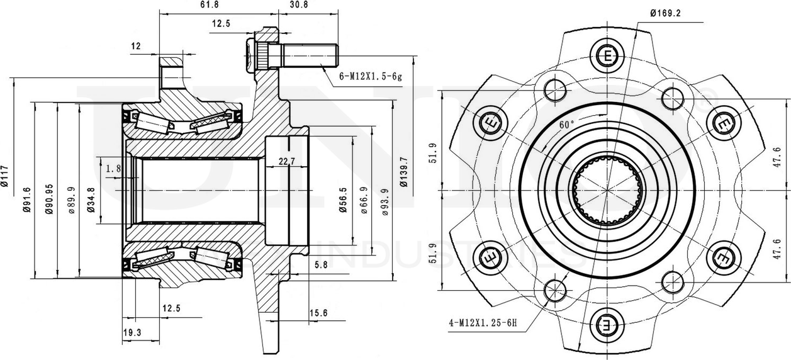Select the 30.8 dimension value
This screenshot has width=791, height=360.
click(298, 5)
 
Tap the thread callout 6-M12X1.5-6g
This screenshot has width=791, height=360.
click(370, 76)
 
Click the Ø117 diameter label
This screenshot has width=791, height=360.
click(6, 176)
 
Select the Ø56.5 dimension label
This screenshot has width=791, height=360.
click(343, 200)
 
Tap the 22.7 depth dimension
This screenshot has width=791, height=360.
click(286, 162)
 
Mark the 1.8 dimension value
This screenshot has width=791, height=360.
click(113, 168)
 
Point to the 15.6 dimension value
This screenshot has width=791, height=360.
click(318, 313)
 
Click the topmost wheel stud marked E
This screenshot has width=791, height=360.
click(608, 57)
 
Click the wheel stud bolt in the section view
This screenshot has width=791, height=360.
click(293, 55)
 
